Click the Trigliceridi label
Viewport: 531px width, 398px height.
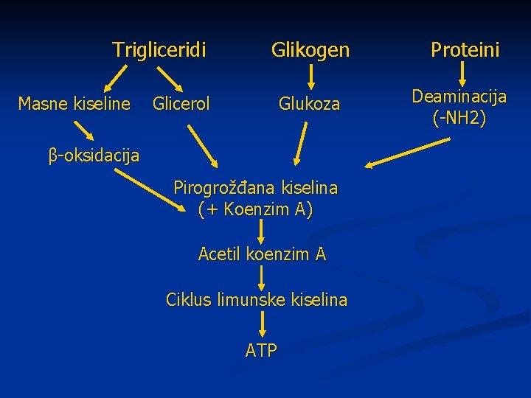tap(159, 50)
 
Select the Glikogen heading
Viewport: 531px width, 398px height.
tap(310, 50)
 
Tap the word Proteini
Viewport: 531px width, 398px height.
tap(465, 50)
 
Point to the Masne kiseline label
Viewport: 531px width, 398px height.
tap(74, 104)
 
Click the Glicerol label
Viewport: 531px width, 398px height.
tap(181, 104)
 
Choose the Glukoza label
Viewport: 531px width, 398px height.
tap(309, 104)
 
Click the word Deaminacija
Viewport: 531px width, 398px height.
tap(459, 97)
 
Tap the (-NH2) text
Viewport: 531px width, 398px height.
tap(459, 118)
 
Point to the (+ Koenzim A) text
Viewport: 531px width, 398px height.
tap(255, 209)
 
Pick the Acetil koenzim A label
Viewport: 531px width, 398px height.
tap(262, 254)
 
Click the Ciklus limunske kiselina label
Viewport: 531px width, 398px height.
tap(256, 300)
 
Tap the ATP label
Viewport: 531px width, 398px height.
tap(261, 351)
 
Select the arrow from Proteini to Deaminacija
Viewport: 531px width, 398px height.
tap(463, 74)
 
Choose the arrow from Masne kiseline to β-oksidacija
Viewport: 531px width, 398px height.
tap(84, 130)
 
